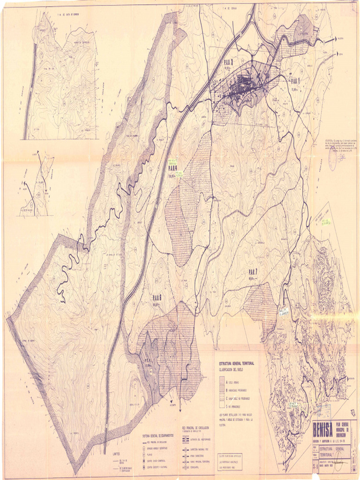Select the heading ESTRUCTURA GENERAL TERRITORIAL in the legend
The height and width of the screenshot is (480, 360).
[237, 364]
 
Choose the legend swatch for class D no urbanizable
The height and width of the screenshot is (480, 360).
[222, 406]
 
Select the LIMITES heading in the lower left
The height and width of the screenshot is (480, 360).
[119, 454]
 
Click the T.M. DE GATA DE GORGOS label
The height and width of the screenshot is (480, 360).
[67, 15]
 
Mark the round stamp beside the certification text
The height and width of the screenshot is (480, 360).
[333, 159]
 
